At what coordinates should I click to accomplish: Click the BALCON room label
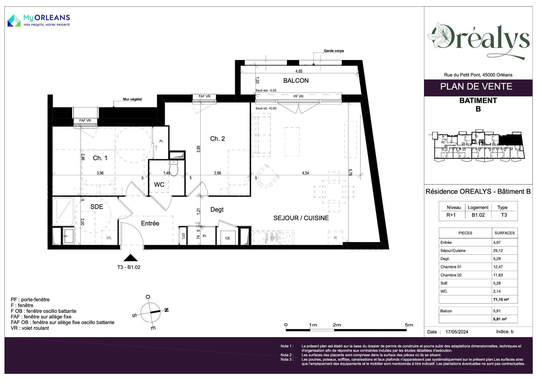coord(296,81)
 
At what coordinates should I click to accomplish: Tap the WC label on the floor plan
coord(159,185)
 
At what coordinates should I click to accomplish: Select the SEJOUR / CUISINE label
coord(301,218)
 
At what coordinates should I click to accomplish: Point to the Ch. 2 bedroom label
coord(217,139)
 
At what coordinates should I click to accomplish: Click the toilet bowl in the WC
coord(174,168)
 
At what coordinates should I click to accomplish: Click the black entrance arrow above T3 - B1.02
coord(130,258)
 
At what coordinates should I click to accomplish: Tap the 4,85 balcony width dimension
coord(299,71)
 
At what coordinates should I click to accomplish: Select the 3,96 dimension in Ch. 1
coord(100,173)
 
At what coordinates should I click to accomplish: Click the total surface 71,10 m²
coord(501,299)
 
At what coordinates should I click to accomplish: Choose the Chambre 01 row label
coord(451,267)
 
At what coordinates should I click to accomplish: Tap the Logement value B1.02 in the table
coord(478,215)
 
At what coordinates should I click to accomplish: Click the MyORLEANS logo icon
coord(14,21)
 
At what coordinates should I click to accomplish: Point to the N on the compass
coord(166,310)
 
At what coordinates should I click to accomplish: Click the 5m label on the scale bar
coord(409,325)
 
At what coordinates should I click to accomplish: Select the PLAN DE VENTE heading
coord(476,87)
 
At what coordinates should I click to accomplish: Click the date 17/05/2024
coord(457,332)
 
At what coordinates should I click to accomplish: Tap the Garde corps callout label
coord(334,51)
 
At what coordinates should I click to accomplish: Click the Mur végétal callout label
coord(132,99)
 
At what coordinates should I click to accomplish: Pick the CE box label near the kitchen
coord(228,238)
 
